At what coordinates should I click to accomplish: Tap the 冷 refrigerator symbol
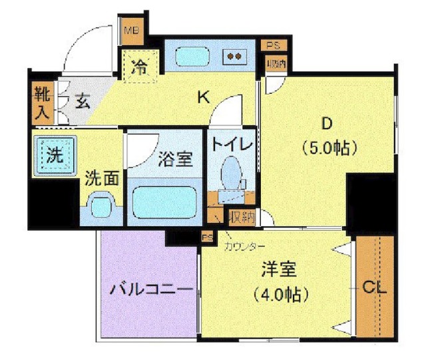click(x=140, y=67)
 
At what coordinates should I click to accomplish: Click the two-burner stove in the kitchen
click(x=233, y=57)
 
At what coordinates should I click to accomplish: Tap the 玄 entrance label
click(x=82, y=102)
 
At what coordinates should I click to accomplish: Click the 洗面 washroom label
click(x=103, y=178)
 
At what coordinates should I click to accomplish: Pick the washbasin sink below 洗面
click(x=101, y=206)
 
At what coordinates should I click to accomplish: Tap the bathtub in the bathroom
click(x=163, y=202)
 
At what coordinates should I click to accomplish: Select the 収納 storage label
click(x=240, y=216)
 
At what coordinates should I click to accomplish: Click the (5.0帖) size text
click(x=326, y=147)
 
